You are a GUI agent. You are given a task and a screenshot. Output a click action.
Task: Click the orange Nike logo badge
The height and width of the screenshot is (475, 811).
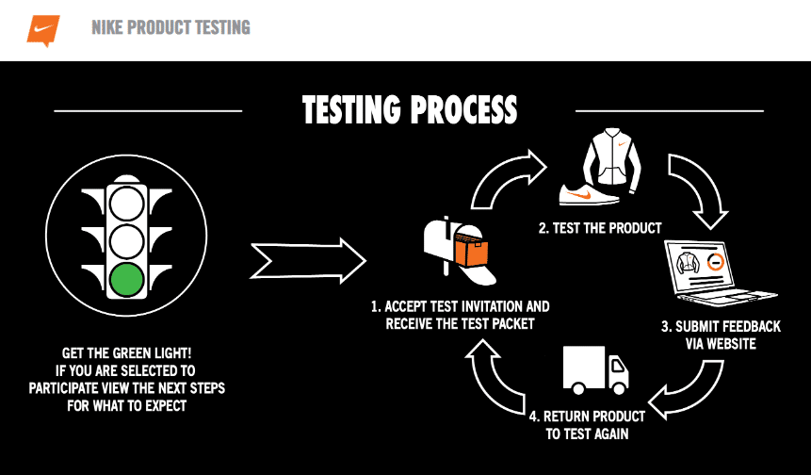(x=43, y=28)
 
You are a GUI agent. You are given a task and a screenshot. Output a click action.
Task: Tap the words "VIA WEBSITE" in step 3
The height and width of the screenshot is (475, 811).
(x=722, y=344)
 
